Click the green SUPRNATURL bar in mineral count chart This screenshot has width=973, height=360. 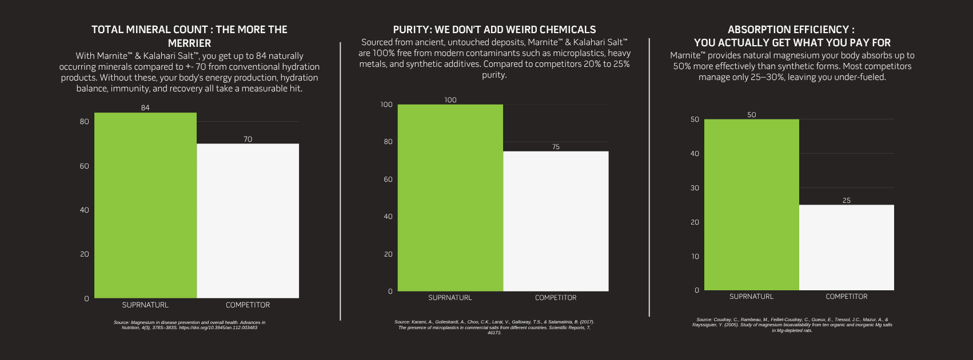(145, 205)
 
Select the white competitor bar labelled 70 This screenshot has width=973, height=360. (248, 221)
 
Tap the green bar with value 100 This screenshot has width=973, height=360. (450, 198)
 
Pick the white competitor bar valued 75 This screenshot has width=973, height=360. (556, 221)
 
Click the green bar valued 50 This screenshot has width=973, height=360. (751, 205)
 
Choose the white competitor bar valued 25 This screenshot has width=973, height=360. (846, 247)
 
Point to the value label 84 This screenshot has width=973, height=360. (145, 108)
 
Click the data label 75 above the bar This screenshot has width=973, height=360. (556, 147)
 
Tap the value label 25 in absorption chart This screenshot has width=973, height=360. (846, 201)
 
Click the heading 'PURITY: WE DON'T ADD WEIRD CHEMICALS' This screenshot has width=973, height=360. (494, 30)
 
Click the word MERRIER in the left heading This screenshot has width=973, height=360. (189, 43)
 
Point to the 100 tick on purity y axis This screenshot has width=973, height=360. (386, 105)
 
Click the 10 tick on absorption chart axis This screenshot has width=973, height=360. (695, 256)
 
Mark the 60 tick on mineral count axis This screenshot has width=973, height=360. (85, 166)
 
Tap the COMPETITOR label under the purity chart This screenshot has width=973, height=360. (556, 298)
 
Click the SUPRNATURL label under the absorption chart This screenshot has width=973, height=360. (751, 297)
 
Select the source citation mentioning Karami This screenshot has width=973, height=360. (494, 327)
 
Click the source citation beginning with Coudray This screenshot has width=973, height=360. (792, 325)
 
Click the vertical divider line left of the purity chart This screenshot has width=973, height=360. (340, 180)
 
